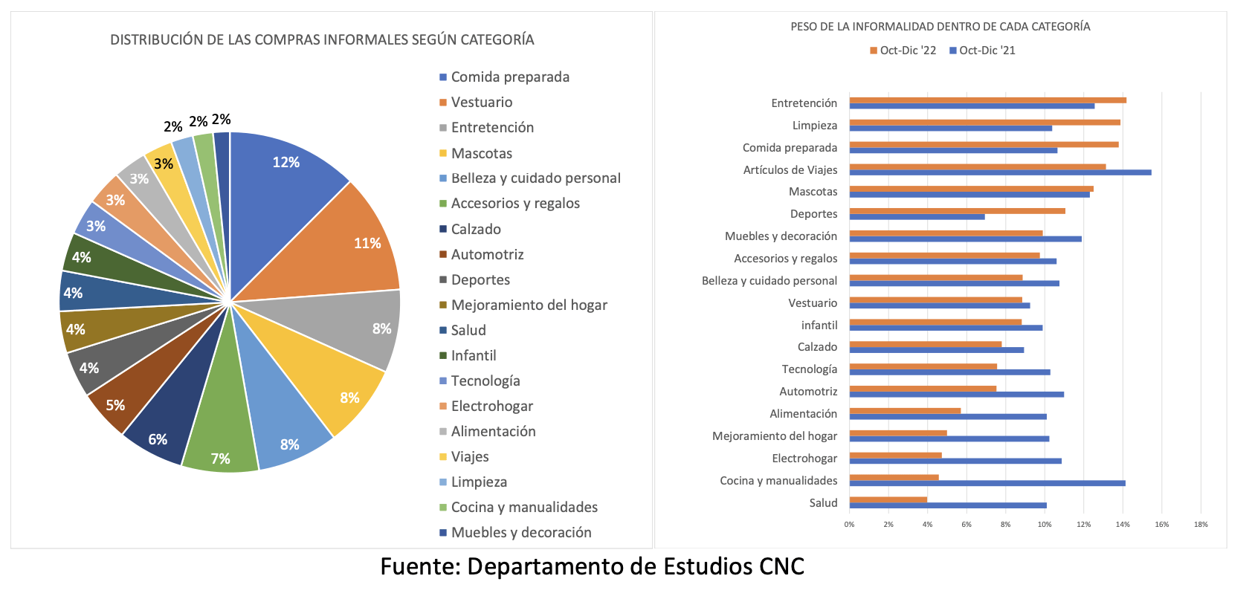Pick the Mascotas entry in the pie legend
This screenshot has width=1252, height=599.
(481, 153)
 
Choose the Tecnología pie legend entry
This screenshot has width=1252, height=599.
(485, 381)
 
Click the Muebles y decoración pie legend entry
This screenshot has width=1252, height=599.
(520, 532)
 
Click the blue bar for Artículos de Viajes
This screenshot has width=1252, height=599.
(1000, 172)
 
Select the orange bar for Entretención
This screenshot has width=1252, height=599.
(987, 100)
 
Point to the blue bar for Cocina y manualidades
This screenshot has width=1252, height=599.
(987, 483)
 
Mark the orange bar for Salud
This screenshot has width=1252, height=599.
(888, 499)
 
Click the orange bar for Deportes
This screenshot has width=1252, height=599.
(957, 211)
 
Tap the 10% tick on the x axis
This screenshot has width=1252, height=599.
(1045, 525)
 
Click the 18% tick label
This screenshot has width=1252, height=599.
(1201, 525)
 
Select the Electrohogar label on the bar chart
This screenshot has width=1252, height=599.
(804, 459)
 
